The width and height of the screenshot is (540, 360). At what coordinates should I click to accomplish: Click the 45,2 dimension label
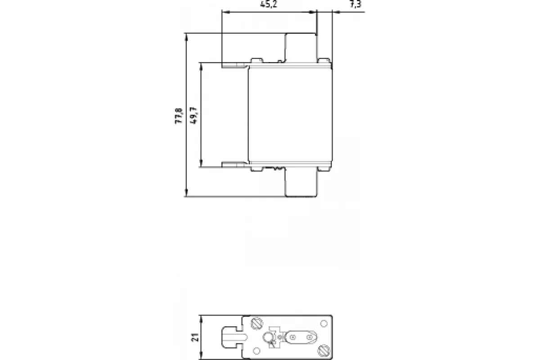point(269,4)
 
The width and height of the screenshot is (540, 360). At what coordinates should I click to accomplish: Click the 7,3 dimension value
point(355,4)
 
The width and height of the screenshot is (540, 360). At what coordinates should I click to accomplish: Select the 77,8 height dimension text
point(179,116)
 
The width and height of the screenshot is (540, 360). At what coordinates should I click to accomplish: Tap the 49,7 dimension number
point(193,116)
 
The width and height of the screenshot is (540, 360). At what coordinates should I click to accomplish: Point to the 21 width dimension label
point(195,337)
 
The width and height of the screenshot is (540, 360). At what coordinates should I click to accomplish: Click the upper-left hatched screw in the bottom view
point(257,324)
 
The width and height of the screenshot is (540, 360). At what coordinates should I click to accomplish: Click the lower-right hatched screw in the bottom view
point(323,351)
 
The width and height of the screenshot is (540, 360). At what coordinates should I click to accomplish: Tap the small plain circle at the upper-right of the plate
point(324,324)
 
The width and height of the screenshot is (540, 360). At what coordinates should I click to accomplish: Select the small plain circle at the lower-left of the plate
point(256,351)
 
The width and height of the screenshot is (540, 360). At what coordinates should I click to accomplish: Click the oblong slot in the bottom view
point(301,337)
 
